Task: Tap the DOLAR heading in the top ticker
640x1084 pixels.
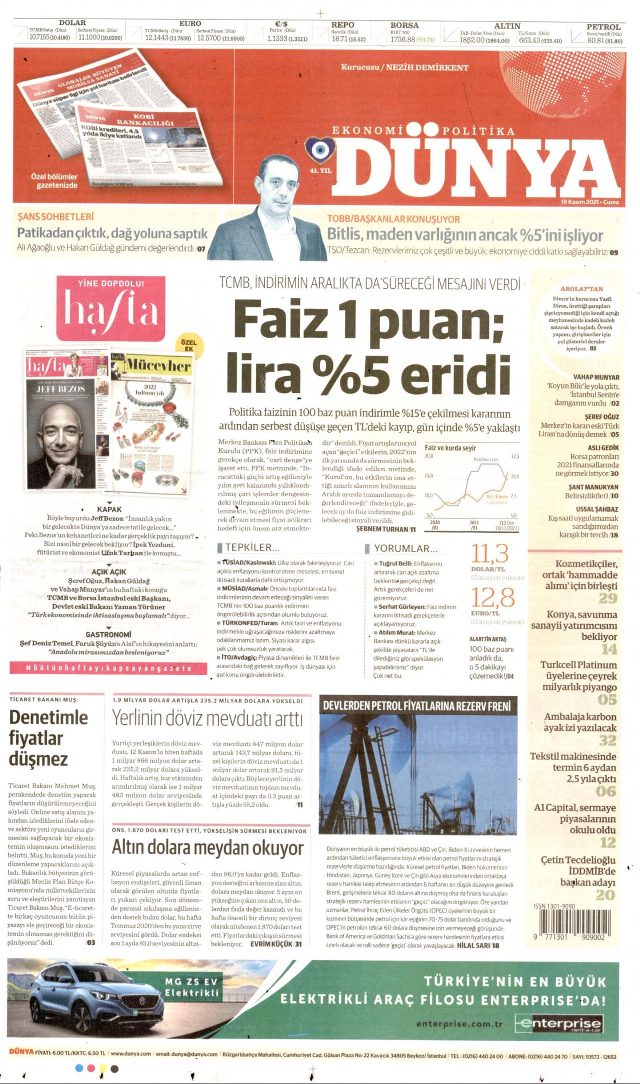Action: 72,23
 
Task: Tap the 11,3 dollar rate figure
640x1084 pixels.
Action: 490,554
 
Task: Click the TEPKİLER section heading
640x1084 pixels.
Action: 252,548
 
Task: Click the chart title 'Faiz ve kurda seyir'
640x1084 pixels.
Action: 450,448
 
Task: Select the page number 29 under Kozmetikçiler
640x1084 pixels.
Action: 608,598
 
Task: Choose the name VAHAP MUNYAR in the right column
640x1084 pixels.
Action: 596,377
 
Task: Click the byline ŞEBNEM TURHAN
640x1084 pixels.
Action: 382,529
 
